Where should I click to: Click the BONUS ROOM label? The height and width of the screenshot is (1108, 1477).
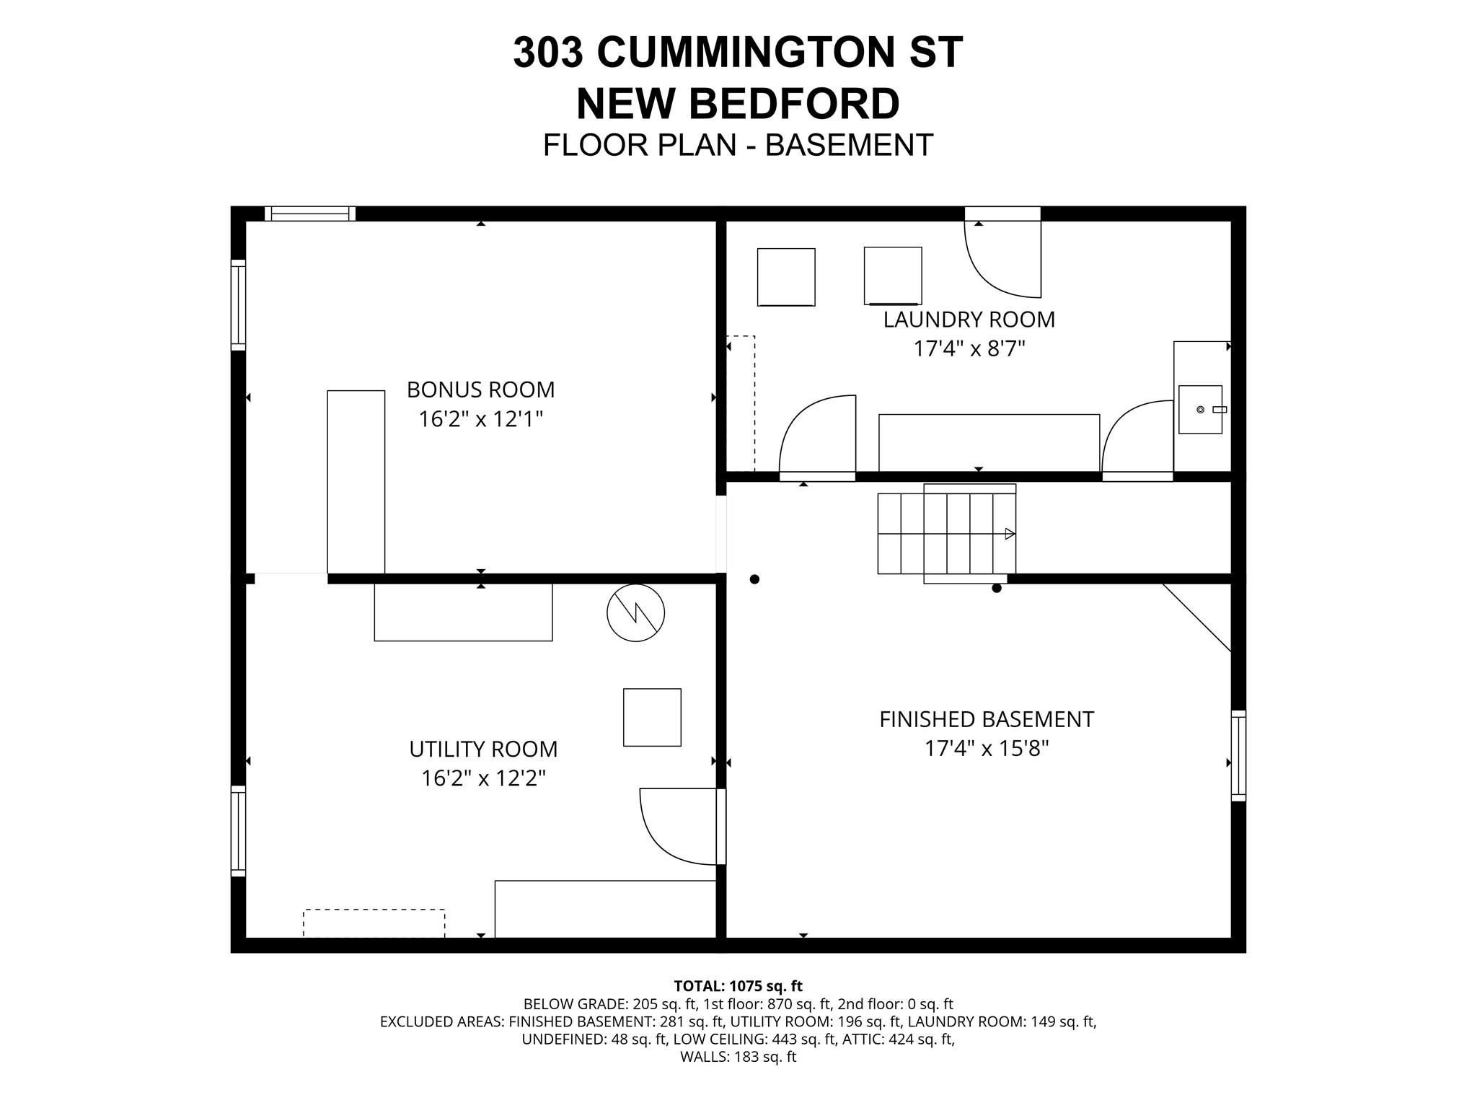480,390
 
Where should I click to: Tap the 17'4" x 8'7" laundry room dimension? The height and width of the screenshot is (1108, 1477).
969,349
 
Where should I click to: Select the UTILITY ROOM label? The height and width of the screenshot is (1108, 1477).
483,749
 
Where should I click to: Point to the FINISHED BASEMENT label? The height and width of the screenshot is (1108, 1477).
986,719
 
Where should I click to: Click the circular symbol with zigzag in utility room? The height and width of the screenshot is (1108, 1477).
635,613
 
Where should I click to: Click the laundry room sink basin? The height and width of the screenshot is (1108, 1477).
1200,410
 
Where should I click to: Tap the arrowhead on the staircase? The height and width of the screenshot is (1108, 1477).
1010,534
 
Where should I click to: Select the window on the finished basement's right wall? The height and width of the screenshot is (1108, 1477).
1238,755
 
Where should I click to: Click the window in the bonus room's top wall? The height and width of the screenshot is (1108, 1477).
310,214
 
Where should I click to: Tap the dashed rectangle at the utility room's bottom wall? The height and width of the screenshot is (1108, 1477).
374,923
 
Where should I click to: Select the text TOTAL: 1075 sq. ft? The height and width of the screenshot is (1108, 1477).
738,986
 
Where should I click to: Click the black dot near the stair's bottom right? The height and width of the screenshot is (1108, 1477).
997,588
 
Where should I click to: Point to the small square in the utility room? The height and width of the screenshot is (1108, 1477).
652,717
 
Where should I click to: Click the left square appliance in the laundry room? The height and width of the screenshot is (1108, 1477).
786,277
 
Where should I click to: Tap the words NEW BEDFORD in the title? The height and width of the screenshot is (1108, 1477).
738,103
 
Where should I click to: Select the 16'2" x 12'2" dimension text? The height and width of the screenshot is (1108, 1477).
483,778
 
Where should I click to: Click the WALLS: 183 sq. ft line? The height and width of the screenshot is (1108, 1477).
738,1058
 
